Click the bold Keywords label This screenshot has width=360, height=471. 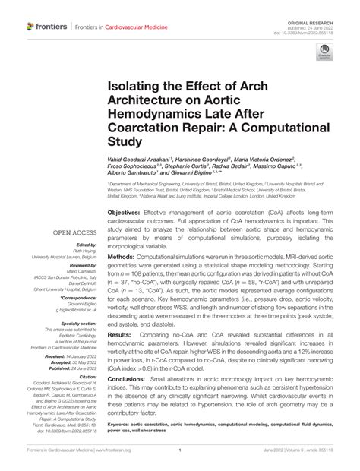click(x=124, y=424)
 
